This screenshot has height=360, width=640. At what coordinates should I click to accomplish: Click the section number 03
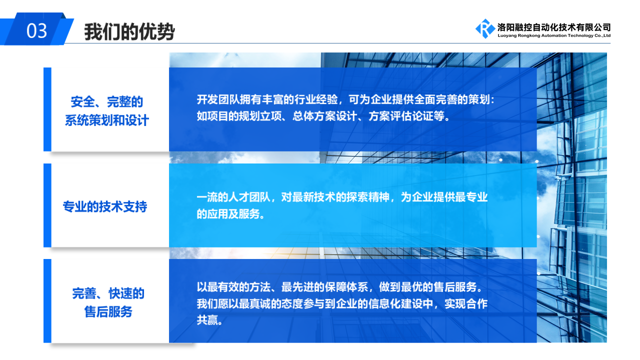pos(36,31)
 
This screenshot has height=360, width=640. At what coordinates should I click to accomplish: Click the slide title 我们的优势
pos(129,31)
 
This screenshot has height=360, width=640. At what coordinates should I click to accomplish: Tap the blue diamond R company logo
pos(485,28)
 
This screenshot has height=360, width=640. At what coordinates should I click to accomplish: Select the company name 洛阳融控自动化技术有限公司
pos(554,27)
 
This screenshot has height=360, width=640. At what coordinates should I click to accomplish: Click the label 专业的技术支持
pos(105,206)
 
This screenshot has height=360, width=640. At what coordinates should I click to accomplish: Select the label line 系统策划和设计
pos(107,120)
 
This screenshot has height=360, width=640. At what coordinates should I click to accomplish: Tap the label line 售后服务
pos(108,311)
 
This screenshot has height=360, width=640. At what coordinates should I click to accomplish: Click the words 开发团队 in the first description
pos(218,99)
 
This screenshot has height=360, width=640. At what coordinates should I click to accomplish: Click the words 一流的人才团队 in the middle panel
pos(233,197)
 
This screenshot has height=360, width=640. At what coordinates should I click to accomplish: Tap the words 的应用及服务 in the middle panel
pos(228,213)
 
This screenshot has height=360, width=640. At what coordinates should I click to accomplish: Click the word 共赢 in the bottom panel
pos(207,320)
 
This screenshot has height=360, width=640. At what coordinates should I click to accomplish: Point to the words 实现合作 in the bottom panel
pos(466,303)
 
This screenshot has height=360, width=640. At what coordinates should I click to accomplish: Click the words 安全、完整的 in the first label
pos(107,102)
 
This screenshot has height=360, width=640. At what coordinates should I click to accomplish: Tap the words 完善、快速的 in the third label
pos(108,293)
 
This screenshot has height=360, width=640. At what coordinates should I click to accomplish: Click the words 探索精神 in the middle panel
pos(367,197)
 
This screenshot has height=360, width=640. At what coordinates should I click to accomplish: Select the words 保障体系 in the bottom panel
pos(346,287)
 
